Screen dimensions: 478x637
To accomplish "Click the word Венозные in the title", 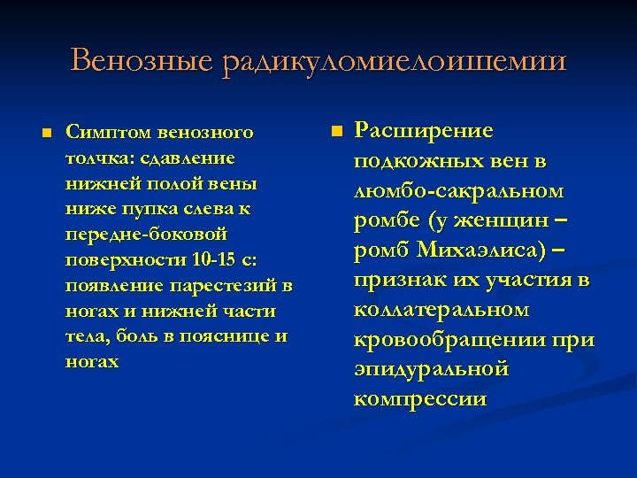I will click(142, 61).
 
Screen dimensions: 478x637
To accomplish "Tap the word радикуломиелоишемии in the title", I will click(395, 61).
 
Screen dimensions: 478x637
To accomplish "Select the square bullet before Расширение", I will click(335, 131).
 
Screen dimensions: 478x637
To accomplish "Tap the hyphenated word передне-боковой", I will click(147, 235).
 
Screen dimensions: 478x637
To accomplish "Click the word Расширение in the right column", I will click(423, 131).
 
